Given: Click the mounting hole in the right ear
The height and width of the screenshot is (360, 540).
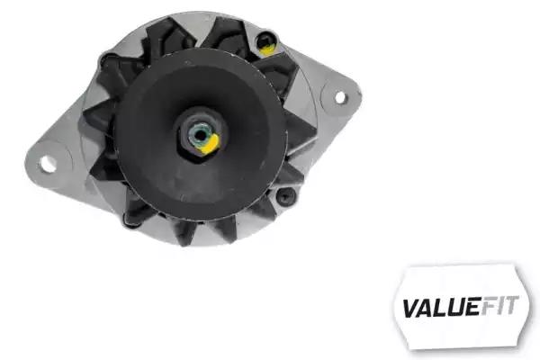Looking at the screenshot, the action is tap(340, 97).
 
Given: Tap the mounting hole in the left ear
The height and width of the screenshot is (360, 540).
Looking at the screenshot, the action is tap(48, 164).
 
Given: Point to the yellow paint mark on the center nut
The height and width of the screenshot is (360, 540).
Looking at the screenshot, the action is tap(211, 145).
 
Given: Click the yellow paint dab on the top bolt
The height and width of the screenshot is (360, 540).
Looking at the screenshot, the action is tap(267, 49).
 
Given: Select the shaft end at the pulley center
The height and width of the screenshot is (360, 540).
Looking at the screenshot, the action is tap(200, 135).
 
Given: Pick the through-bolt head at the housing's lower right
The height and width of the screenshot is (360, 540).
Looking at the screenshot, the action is tap(286, 197).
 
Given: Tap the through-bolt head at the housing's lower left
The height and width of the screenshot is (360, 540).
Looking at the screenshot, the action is tap(130, 220).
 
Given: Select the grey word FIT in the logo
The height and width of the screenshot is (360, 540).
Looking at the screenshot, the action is tap(499, 305).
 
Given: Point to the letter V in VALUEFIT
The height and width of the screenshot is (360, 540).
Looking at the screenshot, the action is tap(411, 308).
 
